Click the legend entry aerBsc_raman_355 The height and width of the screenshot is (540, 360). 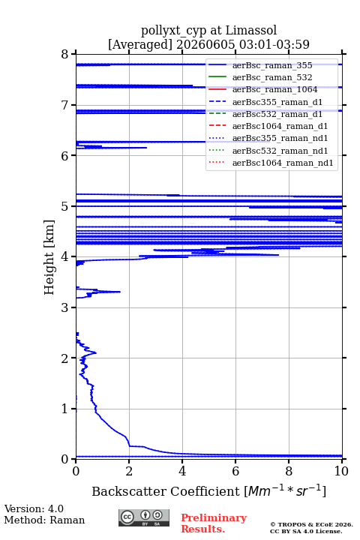(272, 65)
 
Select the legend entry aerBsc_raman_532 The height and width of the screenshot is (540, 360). (272, 77)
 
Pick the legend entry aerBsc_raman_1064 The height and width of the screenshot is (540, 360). (275, 89)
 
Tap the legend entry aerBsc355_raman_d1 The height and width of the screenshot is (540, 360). (277, 102)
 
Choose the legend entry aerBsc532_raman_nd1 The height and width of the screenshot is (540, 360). (280, 151)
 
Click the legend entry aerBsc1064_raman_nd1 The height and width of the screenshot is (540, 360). (283, 163)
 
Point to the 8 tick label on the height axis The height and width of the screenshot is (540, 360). (64, 55)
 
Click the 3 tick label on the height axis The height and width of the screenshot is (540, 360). (64, 307)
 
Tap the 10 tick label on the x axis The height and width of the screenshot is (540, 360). (341, 471)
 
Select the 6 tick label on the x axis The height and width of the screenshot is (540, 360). (235, 471)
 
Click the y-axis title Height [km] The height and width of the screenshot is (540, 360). (49, 257)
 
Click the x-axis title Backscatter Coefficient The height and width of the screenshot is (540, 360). (165, 491)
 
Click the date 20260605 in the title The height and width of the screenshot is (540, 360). (205, 44)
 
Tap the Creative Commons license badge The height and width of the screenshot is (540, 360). (144, 517)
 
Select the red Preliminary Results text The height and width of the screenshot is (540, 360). (214, 523)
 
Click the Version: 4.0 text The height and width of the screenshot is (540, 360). (34, 508)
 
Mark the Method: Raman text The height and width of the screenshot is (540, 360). (44, 520)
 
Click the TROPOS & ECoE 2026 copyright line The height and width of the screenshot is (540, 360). (311, 524)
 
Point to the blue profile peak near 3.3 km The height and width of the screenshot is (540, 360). (119, 292)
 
